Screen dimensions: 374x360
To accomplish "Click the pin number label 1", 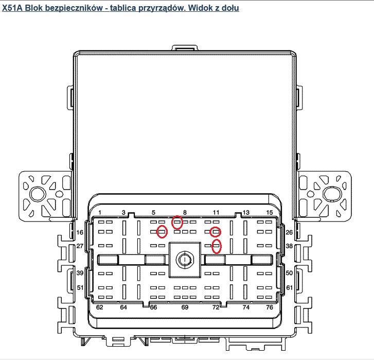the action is point(100,212).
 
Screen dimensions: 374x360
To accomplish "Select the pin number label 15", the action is point(269,212).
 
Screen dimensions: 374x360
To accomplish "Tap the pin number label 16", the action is point(80,232).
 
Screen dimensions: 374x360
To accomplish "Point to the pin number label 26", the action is point(289,232).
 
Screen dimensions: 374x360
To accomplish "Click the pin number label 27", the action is point(80,246).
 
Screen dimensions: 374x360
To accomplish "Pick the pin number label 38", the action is point(289,246).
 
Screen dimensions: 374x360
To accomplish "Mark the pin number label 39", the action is point(80,273).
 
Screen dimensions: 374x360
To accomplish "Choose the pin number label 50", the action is point(289,273).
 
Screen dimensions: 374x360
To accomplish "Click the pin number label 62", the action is point(99,307).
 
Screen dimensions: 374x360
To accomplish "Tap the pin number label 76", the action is point(269,307).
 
